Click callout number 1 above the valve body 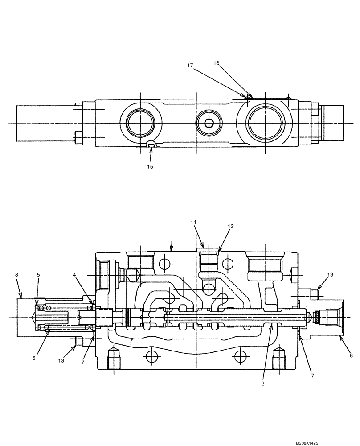coord(172,235)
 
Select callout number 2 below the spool coord(263,383)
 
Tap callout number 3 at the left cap coord(16,275)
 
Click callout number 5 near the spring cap coord(38,275)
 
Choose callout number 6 coord(35,358)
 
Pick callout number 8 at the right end coord(351,356)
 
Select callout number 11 coord(193,222)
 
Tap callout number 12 coord(230,227)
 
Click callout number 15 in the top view coord(150,166)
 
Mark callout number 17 coord(190,66)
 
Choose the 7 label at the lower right coord(312,376)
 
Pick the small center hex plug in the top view coord(209,123)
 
